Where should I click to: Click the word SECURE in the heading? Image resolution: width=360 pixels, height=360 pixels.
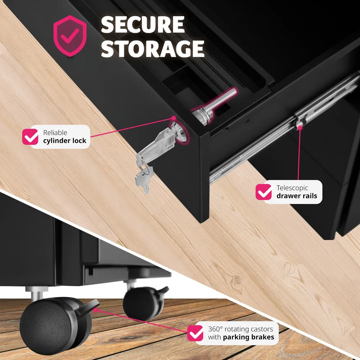(143, 24)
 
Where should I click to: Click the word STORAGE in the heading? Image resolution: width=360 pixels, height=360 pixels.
(153, 49)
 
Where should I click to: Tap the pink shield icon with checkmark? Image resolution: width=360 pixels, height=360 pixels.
(70, 36)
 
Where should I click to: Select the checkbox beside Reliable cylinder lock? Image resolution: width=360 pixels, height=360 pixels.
(30, 136)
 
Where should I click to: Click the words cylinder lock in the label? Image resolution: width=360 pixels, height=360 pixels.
(65, 140)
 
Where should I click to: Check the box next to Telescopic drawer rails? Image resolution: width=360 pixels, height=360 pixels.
(264, 192)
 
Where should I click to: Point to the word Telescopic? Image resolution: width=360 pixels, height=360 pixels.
(292, 188)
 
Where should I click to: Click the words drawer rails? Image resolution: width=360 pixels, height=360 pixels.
(297, 196)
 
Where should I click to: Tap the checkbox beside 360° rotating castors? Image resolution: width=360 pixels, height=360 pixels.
(195, 333)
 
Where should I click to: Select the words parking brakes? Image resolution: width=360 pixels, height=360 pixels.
(248, 337)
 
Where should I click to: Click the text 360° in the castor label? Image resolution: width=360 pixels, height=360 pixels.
(215, 329)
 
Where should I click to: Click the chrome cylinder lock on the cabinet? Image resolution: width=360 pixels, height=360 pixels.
(179, 132)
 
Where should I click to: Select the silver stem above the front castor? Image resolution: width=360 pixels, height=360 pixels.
(37, 293)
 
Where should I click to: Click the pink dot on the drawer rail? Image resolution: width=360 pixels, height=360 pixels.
(300, 127)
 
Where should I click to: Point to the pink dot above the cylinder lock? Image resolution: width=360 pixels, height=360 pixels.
(174, 118)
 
